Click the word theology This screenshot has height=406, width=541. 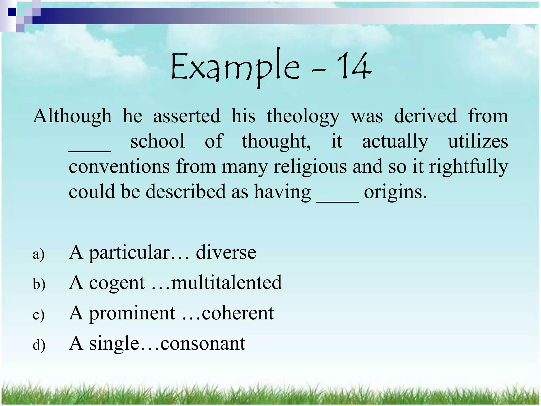point(303,116)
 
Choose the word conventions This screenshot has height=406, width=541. point(119,167)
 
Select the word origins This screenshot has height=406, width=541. point(395,192)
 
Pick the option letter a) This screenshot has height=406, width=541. point(39,254)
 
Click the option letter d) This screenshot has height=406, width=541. point(39,345)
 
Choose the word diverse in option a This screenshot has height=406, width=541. point(226,252)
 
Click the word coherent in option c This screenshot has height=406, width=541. point(238,313)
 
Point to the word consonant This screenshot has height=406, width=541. point(203,343)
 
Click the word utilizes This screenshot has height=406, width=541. point(478,141)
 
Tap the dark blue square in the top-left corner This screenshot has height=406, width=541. point(12,12)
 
